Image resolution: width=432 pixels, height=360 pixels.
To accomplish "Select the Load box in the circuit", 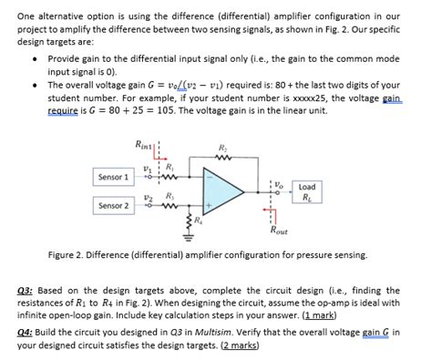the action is pos(306,191).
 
